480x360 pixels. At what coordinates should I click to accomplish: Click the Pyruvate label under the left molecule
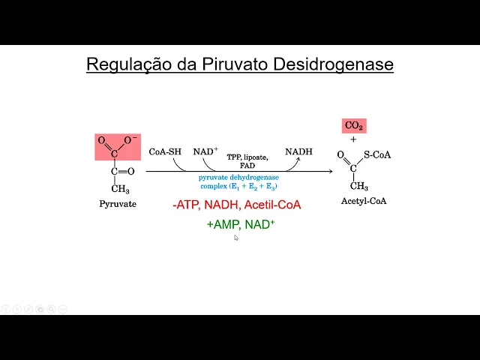click(x=118, y=203)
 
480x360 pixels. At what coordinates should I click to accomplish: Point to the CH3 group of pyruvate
click(x=120, y=189)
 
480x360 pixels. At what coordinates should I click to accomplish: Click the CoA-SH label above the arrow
click(x=165, y=151)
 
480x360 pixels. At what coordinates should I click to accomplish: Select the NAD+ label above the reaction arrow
click(x=205, y=151)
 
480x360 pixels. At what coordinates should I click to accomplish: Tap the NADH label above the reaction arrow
click(x=298, y=151)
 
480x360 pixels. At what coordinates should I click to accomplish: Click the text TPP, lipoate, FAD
click(x=247, y=161)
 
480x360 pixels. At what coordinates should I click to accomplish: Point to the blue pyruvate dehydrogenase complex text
click(x=238, y=181)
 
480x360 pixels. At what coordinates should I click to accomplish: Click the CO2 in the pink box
click(x=354, y=126)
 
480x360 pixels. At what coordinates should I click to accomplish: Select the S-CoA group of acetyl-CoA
click(x=377, y=155)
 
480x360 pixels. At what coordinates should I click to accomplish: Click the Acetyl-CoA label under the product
click(x=362, y=201)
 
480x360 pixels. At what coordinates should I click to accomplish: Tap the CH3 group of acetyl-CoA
click(x=359, y=186)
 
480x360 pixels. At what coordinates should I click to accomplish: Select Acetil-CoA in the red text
click(x=273, y=204)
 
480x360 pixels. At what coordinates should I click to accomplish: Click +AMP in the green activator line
click(x=221, y=223)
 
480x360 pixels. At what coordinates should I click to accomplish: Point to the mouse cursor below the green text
click(x=235, y=237)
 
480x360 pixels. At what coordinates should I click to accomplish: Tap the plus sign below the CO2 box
click(x=353, y=139)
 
